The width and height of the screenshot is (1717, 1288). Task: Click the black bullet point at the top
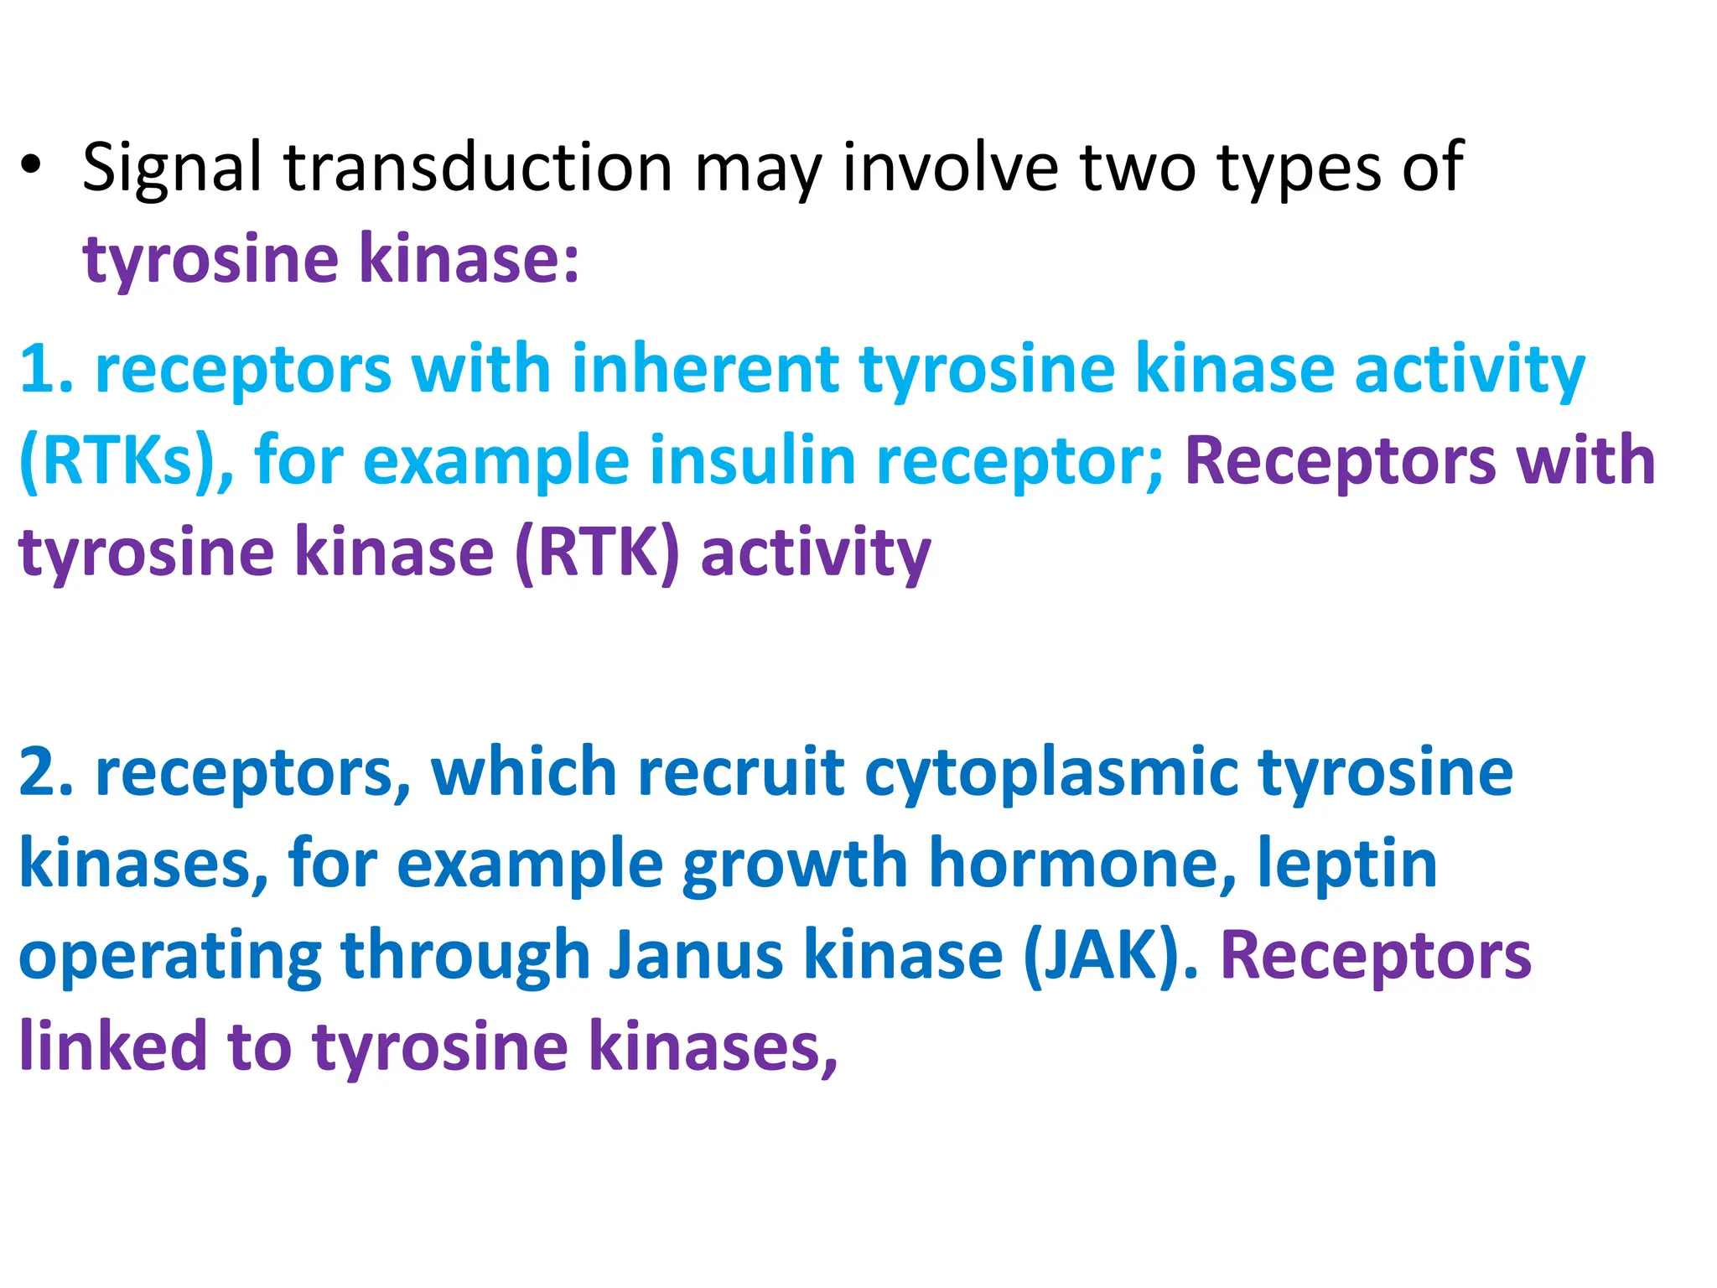point(31,164)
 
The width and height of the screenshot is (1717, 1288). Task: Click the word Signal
point(172,169)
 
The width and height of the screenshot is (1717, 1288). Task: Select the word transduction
point(478,167)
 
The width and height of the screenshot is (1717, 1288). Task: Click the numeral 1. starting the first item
point(46,368)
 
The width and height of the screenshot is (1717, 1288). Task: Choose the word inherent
point(705,368)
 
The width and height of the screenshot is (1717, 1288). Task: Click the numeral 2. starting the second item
point(46,771)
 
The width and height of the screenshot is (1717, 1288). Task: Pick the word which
point(524,771)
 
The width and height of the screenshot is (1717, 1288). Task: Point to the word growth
point(796,864)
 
